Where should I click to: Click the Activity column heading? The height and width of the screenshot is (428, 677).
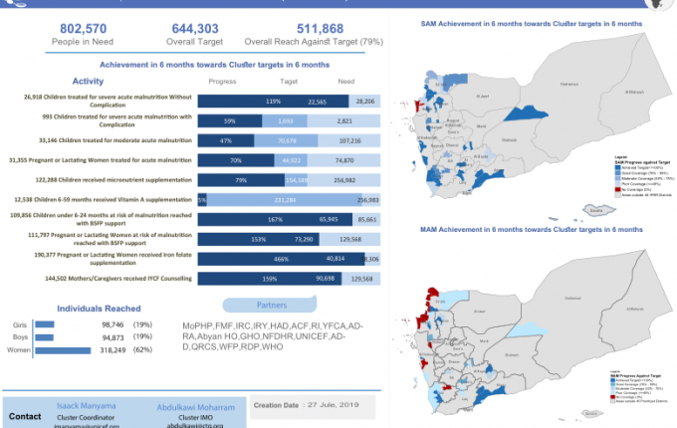(x=89, y=82)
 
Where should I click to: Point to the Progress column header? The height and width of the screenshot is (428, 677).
(x=221, y=83)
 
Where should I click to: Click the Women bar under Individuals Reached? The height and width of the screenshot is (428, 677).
(x=62, y=349)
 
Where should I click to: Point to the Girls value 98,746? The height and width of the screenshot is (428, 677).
(x=117, y=324)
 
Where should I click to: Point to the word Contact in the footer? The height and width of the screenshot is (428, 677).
(x=25, y=416)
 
